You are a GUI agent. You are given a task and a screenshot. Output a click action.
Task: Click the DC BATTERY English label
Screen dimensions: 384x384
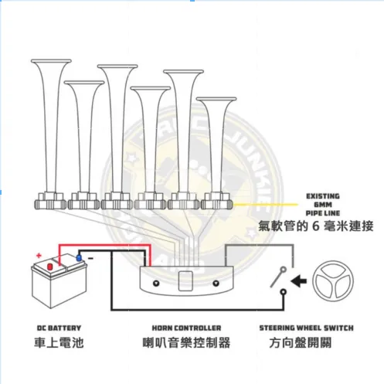58,328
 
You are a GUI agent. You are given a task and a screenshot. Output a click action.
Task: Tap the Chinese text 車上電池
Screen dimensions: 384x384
58,342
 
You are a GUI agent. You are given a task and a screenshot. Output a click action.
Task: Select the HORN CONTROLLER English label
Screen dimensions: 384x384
187,328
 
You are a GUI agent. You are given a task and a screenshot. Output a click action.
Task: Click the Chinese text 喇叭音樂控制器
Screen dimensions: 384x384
187,342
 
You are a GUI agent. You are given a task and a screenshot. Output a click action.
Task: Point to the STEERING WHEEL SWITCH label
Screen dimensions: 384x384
306,328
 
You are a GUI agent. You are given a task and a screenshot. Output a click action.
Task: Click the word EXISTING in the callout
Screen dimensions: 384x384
322,196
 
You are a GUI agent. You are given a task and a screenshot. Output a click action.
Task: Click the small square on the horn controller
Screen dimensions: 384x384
186,280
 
